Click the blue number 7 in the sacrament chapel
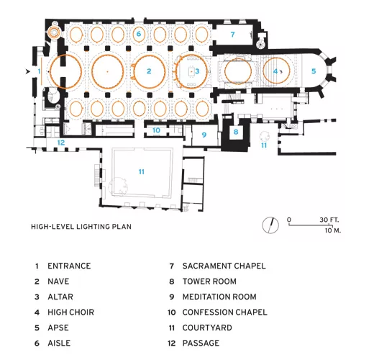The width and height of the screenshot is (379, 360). point(232,35)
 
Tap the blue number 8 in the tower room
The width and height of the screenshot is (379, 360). point(236,132)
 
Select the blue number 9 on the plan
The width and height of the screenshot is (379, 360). point(204,135)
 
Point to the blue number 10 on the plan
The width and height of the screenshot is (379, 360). point(156,130)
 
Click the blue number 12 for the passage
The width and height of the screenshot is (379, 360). point(61,143)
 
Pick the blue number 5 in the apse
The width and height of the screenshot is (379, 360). point(314,71)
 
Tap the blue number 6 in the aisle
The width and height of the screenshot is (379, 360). point(139,34)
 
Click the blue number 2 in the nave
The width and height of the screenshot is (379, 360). point(149,71)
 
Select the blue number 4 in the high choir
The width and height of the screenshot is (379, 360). point(275,71)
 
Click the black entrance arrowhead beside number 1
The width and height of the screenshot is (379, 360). point(28,71)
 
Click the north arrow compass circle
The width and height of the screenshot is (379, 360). point(270,225)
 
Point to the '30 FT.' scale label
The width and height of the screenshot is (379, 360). point(329,220)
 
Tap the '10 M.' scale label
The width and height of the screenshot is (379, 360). point(333,230)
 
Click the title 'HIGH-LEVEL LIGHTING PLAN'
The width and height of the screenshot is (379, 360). point(81,227)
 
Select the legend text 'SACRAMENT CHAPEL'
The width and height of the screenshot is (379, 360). point(224,266)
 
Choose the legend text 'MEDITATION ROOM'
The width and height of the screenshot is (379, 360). point(219,297)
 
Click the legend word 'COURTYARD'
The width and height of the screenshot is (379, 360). point(207,328)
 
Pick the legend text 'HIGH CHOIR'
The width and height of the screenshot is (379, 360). point(70,312)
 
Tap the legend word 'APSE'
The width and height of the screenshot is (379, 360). point(58,328)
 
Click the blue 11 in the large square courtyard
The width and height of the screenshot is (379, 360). point(142,172)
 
